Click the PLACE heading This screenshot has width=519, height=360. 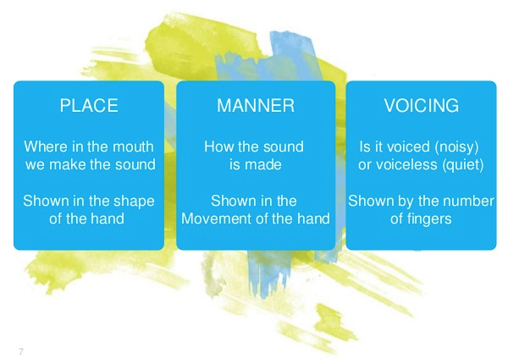(x=89, y=106)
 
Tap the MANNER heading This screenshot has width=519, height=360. (x=256, y=106)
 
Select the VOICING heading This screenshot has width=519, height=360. (x=422, y=106)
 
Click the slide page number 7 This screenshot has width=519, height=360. (x=21, y=352)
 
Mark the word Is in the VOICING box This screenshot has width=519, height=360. (x=365, y=147)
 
